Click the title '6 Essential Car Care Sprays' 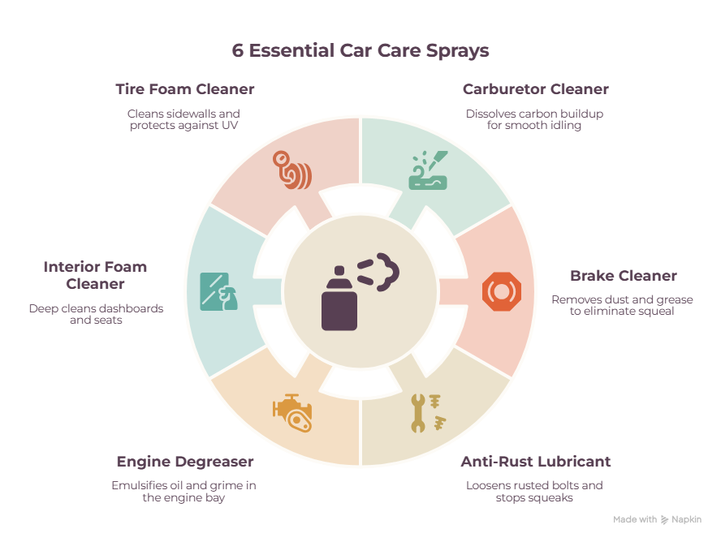(x=360, y=51)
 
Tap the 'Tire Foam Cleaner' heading (x=185, y=89)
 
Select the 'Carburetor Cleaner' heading (x=536, y=89)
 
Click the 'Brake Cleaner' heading (x=624, y=276)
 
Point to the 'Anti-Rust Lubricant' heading (x=536, y=461)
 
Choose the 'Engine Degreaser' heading (x=185, y=462)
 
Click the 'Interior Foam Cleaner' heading (x=95, y=275)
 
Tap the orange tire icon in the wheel (x=292, y=170)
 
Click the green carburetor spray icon (x=428, y=170)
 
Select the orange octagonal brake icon (x=502, y=291)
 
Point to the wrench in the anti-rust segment (x=417, y=413)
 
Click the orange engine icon (x=292, y=413)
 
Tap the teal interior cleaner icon (x=219, y=291)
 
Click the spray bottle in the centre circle (x=339, y=299)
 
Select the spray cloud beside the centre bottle (x=379, y=272)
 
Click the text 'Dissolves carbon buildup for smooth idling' (x=534, y=119)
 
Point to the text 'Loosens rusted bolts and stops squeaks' (x=534, y=492)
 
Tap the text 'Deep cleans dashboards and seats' (x=96, y=314)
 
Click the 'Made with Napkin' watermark (x=657, y=519)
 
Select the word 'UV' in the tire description (x=230, y=126)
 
